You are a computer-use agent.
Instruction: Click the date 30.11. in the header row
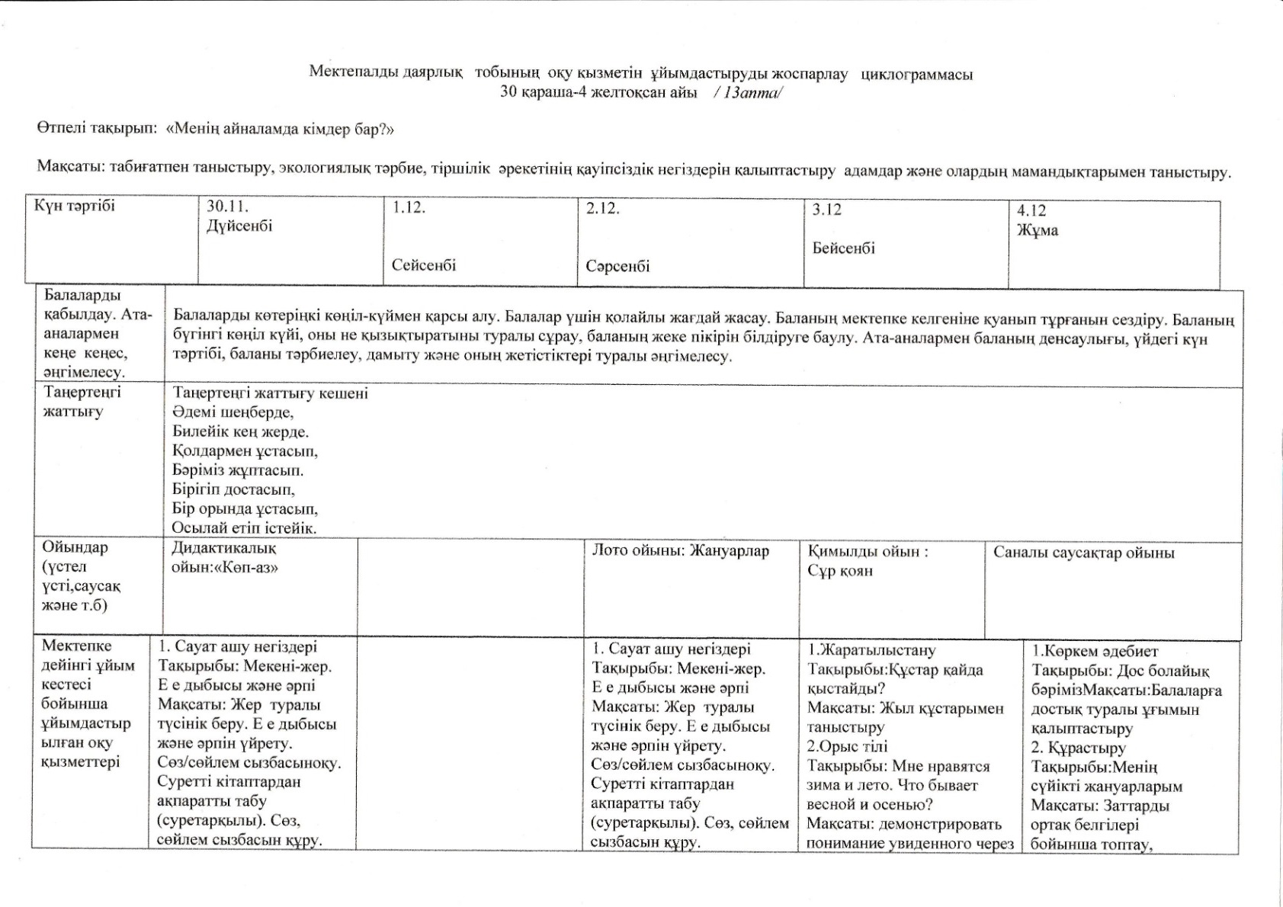(227, 207)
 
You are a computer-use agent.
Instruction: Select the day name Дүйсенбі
(239, 226)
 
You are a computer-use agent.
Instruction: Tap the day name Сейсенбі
(424, 265)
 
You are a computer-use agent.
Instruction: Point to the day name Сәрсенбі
(617, 267)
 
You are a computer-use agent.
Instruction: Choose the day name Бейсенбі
(843, 248)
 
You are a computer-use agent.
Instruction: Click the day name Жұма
(1037, 230)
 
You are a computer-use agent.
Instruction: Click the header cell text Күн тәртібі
(75, 206)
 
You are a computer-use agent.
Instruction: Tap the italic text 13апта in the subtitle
(749, 93)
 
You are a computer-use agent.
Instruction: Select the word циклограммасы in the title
(916, 74)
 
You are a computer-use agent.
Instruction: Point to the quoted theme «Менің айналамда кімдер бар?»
(280, 130)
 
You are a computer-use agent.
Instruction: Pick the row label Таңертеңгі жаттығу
(82, 402)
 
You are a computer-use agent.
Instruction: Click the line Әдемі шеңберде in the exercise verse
(233, 412)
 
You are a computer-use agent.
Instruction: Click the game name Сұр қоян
(840, 571)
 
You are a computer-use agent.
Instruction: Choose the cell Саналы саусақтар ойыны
(1083, 553)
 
